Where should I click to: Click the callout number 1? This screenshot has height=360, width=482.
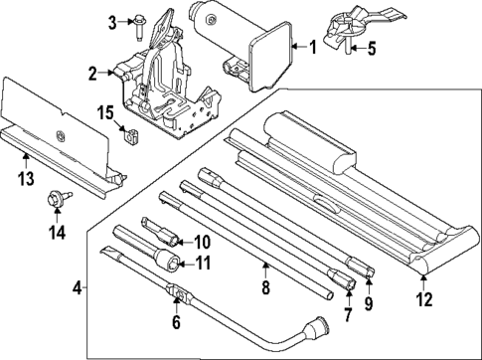point(313,47)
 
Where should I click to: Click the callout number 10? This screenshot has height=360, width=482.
point(202,241)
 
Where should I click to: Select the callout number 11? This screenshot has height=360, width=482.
point(204,263)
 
